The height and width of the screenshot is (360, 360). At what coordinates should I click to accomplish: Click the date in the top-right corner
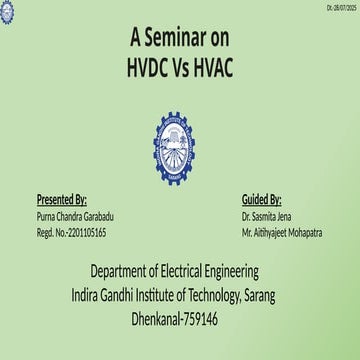pyautogui.click(x=341, y=8)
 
